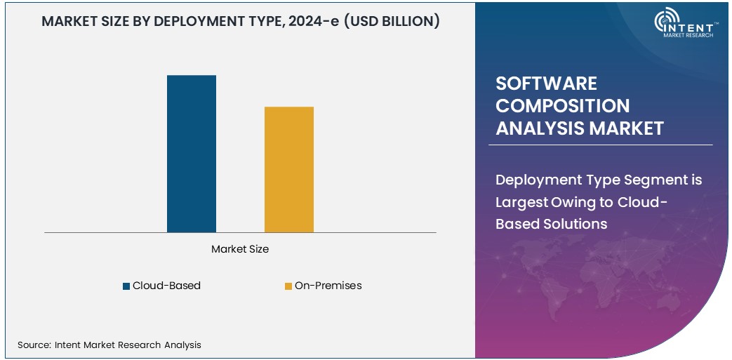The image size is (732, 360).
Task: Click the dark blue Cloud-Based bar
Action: coord(191,153)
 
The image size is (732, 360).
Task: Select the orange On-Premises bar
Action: coord(288,169)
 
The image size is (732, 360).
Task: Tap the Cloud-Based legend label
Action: coord(166,286)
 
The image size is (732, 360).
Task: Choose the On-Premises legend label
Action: coord(328,286)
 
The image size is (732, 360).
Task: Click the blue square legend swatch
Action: coord(126,286)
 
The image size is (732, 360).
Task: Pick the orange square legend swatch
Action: coord(288,286)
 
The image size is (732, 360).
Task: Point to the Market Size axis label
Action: coord(240,249)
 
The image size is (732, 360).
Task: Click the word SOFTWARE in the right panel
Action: coord(546,84)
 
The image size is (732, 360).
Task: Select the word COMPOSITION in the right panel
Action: coord(562,106)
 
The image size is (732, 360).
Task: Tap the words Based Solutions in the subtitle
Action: coord(551,224)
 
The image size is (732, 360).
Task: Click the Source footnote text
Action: coord(109,345)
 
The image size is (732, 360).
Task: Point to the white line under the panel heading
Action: coord(600,145)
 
